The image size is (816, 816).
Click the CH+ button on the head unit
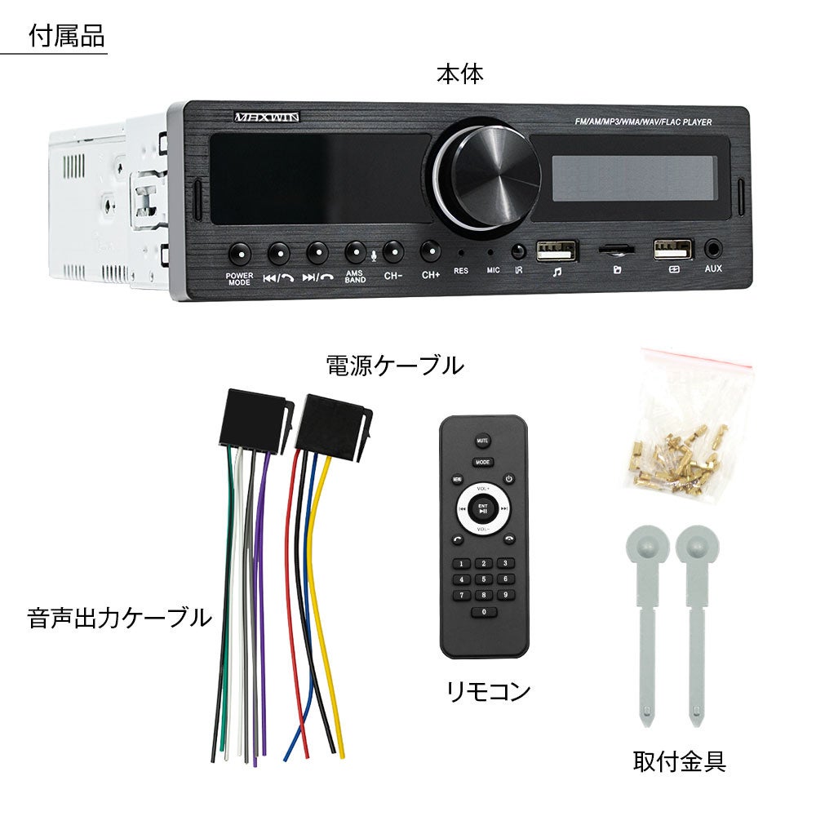tap(430, 251)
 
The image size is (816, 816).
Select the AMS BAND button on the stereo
tap(355, 251)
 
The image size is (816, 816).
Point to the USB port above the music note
tap(557, 249)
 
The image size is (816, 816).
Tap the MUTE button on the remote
tap(482, 441)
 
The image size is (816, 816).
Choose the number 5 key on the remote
tap(483, 579)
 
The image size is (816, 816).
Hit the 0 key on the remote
tap(483, 611)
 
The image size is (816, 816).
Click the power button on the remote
tap(508, 479)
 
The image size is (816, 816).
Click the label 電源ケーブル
tap(395, 365)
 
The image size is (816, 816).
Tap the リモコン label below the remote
tap(488, 692)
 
